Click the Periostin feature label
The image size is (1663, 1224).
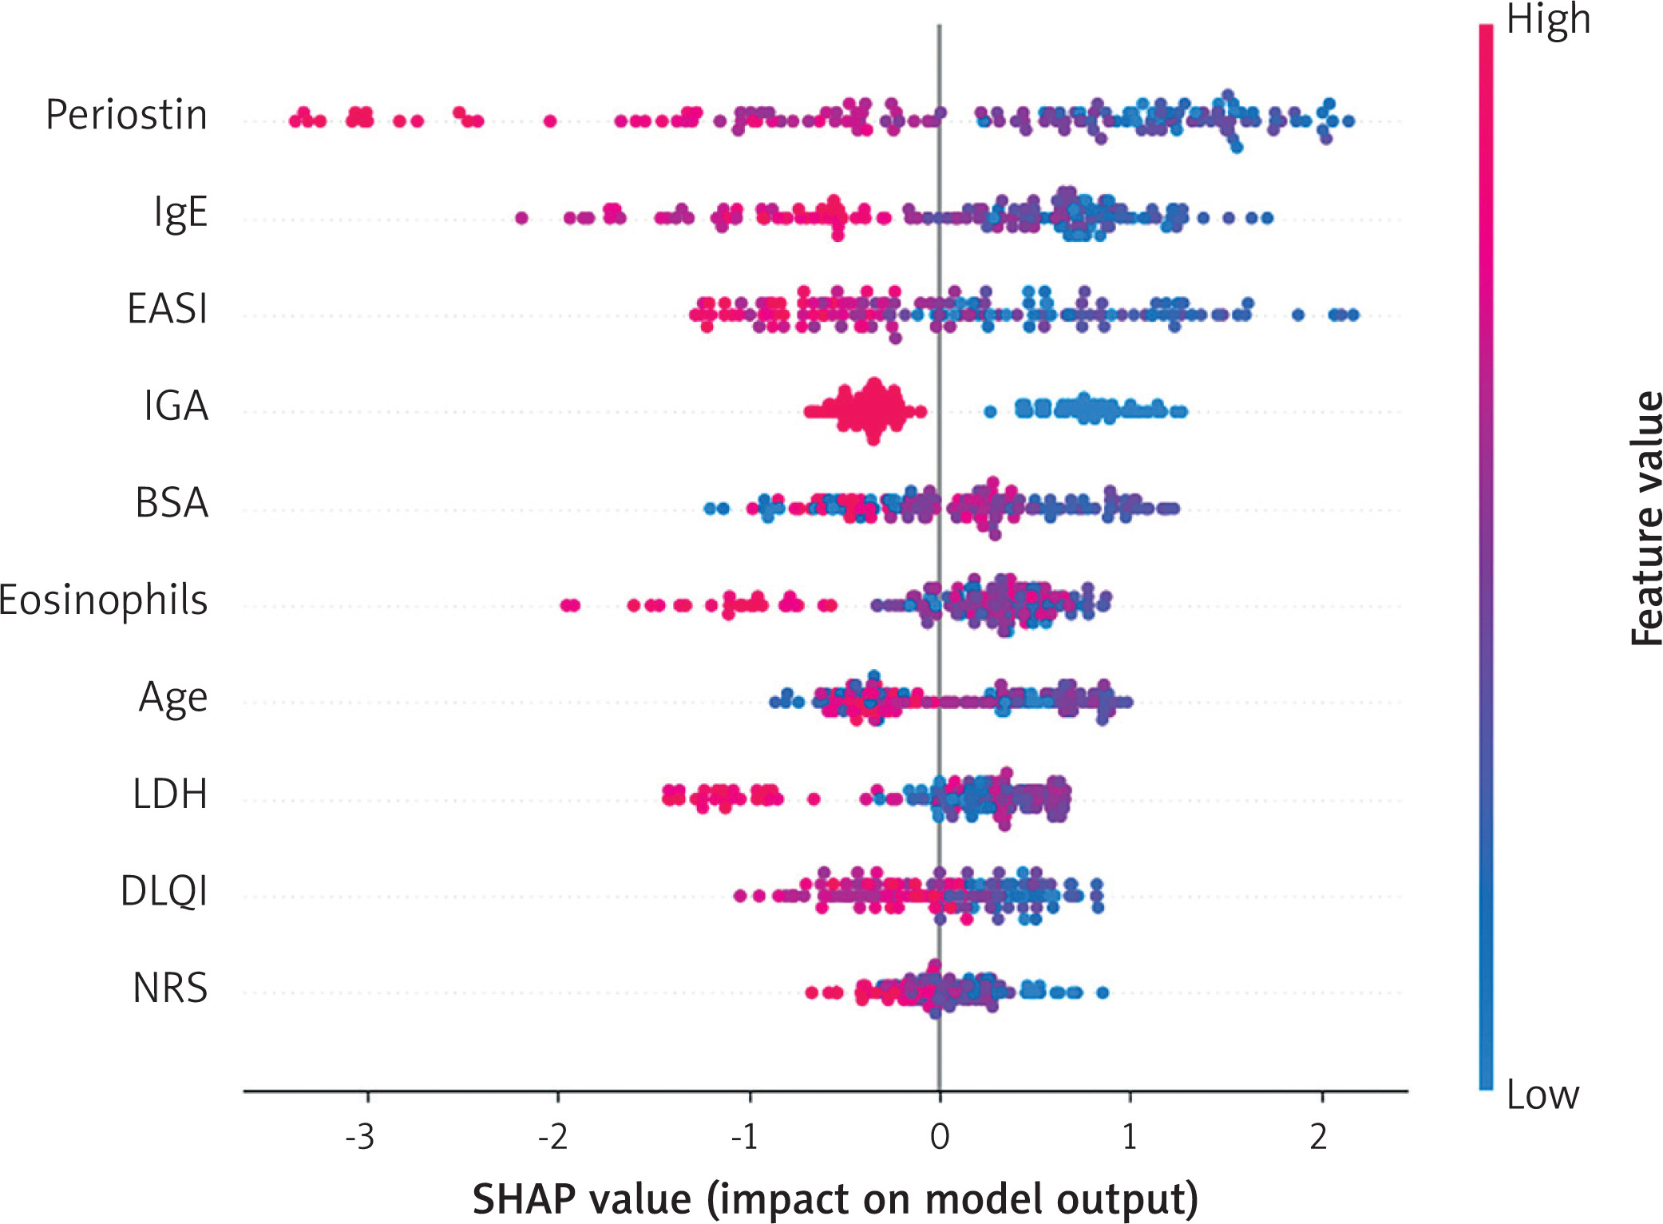[126, 114]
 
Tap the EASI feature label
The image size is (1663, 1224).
[168, 308]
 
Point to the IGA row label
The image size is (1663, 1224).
[176, 406]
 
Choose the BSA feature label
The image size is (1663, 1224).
[172, 502]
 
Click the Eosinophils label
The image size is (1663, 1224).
[103, 600]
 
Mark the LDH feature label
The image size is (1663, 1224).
[170, 794]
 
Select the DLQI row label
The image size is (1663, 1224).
[164, 892]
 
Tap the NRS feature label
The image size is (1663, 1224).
[170, 988]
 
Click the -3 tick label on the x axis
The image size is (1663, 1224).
[359, 1136]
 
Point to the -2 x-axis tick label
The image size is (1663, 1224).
[552, 1136]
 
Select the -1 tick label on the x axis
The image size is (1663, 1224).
[744, 1136]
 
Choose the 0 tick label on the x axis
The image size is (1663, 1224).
[940, 1136]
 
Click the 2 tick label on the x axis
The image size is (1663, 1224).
[1318, 1136]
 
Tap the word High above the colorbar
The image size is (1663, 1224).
[1548, 20]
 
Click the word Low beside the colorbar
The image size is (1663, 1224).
[1542, 1095]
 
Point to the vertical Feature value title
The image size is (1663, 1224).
[1645, 518]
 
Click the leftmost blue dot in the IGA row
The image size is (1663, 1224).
[990, 412]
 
